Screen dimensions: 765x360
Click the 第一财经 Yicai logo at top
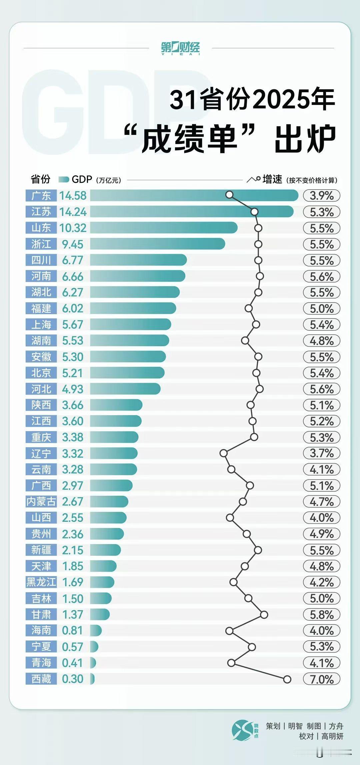coord(180,48)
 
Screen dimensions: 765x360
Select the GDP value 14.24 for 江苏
coord(73,212)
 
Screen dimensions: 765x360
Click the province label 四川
coord(41,260)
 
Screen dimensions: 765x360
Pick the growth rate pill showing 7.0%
coord(321,679)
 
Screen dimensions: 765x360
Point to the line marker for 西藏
coord(287,679)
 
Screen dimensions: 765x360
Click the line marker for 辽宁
coord(223,453)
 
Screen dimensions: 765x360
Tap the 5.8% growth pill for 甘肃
coord(321,614)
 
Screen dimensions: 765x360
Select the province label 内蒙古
coord(41,501)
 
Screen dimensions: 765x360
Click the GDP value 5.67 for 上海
coord(73,325)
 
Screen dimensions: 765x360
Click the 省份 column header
coord(40,180)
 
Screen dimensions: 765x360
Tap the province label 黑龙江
coord(41,582)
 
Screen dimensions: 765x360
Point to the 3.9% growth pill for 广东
coord(321,196)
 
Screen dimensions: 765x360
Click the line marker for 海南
coord(229,630)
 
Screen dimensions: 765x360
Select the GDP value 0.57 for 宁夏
coord(73,647)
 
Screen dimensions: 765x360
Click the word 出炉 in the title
coord(305,139)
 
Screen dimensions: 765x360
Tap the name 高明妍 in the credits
coord(332,736)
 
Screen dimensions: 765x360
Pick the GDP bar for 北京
coord(127,373)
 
